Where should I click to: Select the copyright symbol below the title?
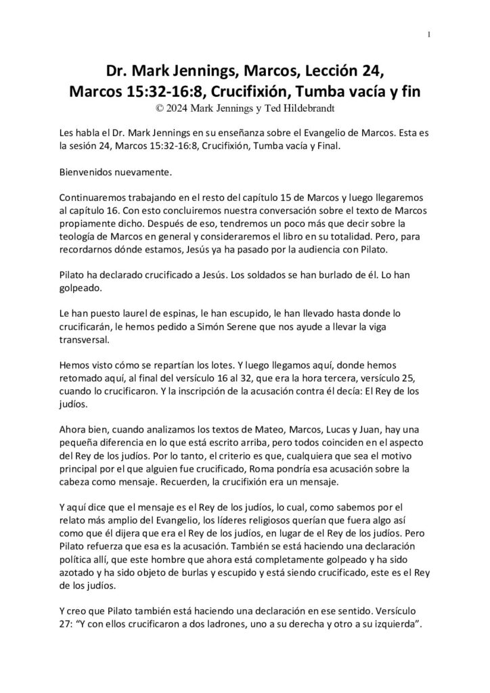tap(160, 106)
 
